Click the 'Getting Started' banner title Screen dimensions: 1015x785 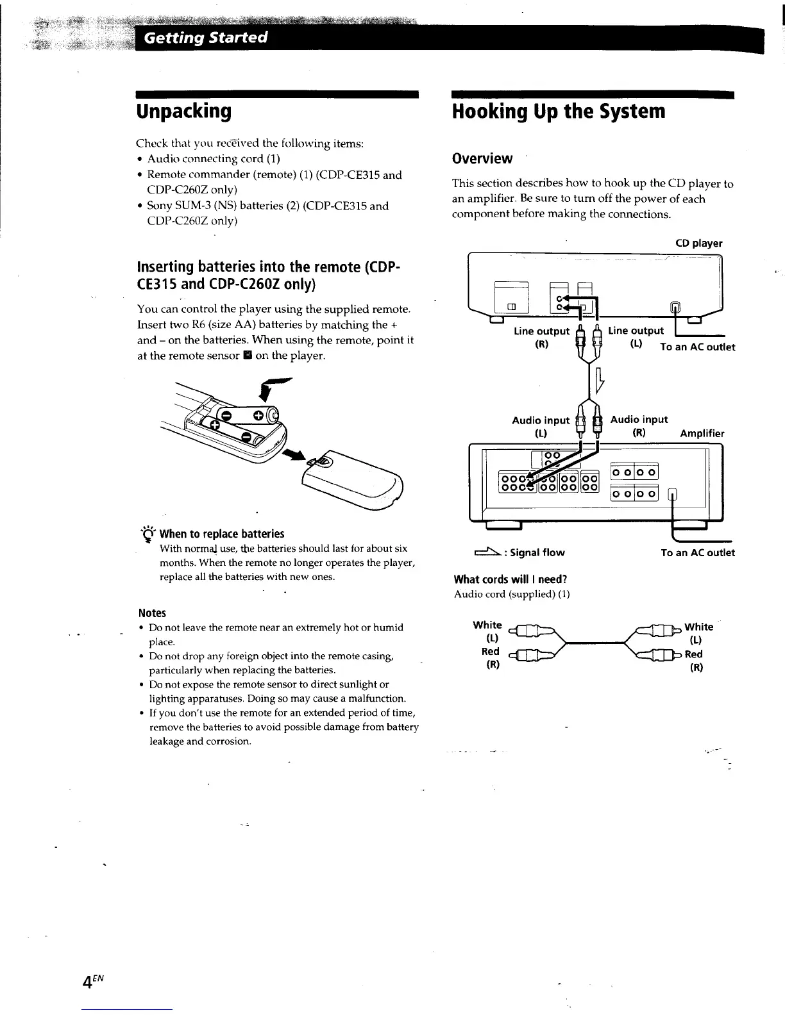[x=205, y=37]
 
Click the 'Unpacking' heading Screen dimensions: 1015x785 [x=183, y=111]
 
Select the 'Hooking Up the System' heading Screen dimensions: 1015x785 [x=559, y=111]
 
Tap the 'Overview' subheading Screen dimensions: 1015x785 [x=482, y=158]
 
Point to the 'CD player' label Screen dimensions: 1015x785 [x=698, y=243]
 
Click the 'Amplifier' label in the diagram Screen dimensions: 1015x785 [x=702, y=433]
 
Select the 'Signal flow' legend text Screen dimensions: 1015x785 [x=537, y=552]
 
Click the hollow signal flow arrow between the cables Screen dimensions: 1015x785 [x=600, y=381]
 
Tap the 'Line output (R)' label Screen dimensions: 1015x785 [x=541, y=338]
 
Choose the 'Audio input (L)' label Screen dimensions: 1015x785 [x=540, y=426]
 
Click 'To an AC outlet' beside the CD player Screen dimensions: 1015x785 [x=697, y=347]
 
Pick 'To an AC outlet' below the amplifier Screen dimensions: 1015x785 [x=697, y=552]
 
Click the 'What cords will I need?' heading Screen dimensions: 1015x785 [x=510, y=579]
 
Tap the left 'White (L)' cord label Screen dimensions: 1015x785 [x=487, y=631]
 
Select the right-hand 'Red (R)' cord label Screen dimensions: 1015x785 [x=695, y=661]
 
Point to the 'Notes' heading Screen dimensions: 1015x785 [x=152, y=613]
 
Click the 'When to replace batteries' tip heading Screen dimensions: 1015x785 [x=221, y=534]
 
